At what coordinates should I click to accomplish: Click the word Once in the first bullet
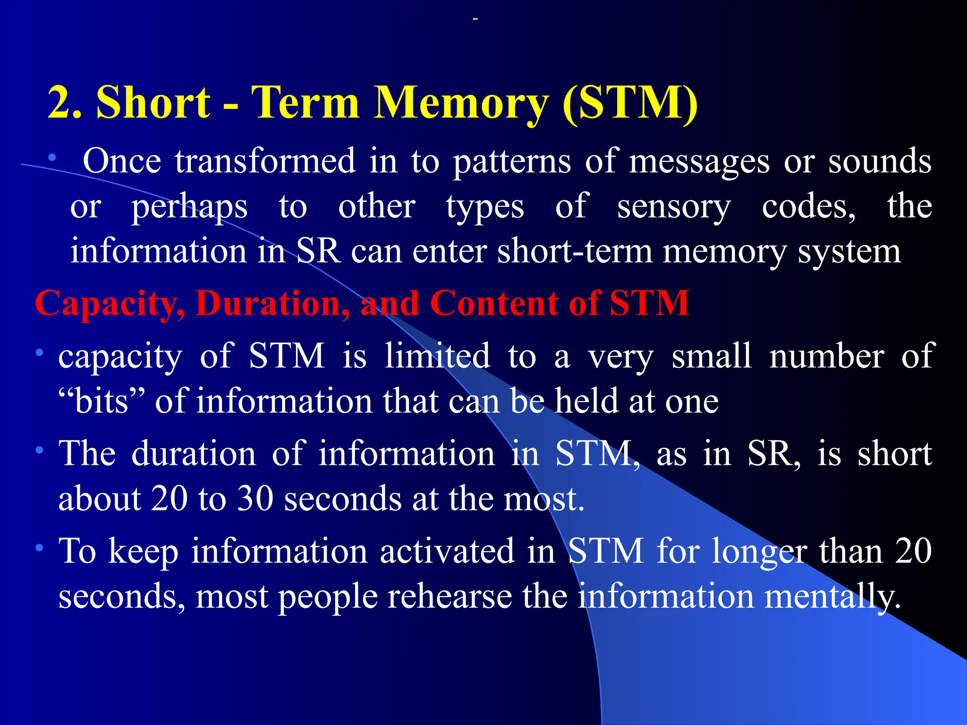122,161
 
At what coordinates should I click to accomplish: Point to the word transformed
265,161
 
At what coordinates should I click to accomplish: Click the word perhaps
189,208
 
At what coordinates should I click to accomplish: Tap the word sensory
674,208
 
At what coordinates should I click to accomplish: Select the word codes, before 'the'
808,208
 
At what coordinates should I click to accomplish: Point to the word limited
437,356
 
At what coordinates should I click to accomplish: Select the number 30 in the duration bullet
255,499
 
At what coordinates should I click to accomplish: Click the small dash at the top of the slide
475,19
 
